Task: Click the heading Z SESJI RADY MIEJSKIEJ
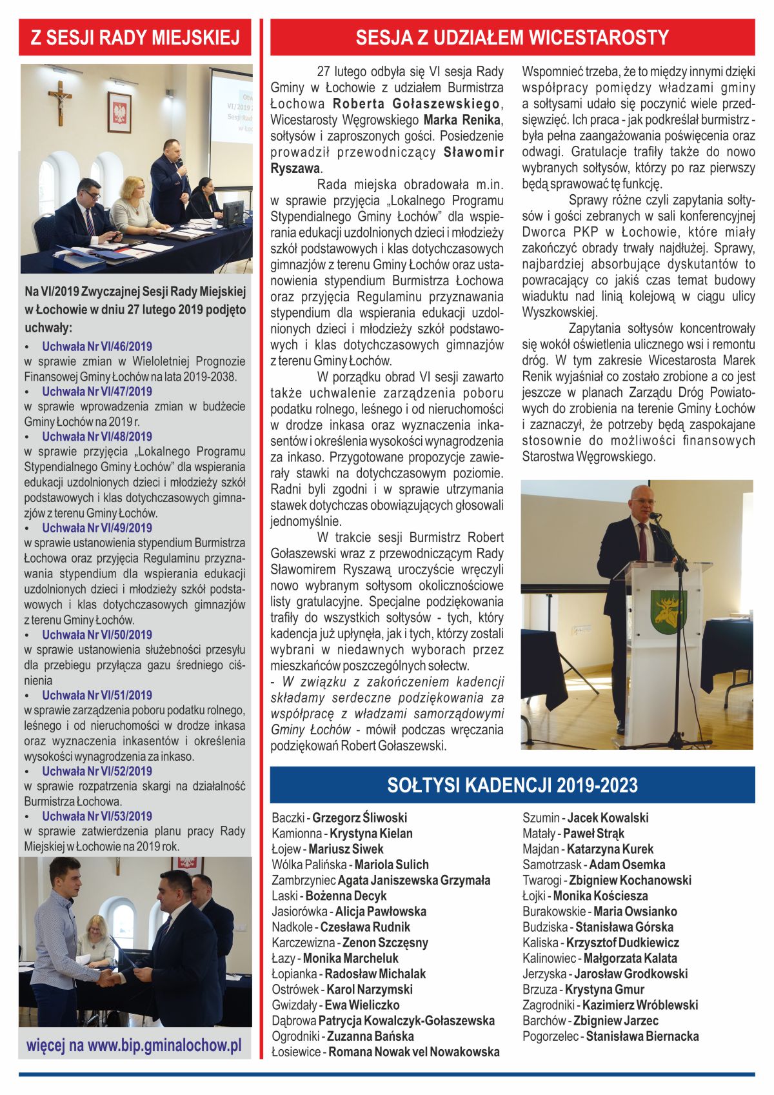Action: [x=135, y=37]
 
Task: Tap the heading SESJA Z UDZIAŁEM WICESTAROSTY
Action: [x=512, y=37]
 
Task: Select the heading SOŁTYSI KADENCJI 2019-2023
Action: [x=512, y=785]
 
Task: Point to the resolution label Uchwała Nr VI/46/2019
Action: [x=97, y=347]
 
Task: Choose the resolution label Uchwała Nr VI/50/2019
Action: [x=97, y=635]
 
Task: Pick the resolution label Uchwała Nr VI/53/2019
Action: [x=97, y=816]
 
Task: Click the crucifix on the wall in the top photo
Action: [x=59, y=102]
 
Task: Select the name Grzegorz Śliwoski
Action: [x=359, y=818]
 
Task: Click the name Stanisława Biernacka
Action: [x=642, y=1036]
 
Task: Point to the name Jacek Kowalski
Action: [x=608, y=818]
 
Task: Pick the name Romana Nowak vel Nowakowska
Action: [x=414, y=1052]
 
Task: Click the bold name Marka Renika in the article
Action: [x=462, y=120]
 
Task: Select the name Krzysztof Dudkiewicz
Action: [x=622, y=943]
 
